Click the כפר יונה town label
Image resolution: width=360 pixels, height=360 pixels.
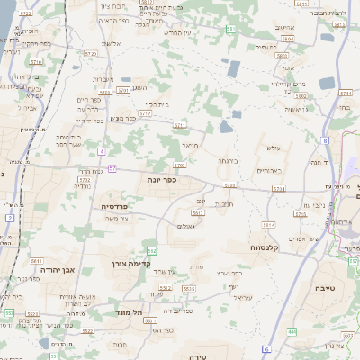tap(163, 180)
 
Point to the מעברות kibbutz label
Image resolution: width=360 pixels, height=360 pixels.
tap(103, 79)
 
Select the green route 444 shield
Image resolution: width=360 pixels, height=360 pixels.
tap(292, 332)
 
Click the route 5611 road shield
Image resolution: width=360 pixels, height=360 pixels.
tap(38, 260)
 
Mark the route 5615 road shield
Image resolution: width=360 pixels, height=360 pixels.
tap(188, 288)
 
